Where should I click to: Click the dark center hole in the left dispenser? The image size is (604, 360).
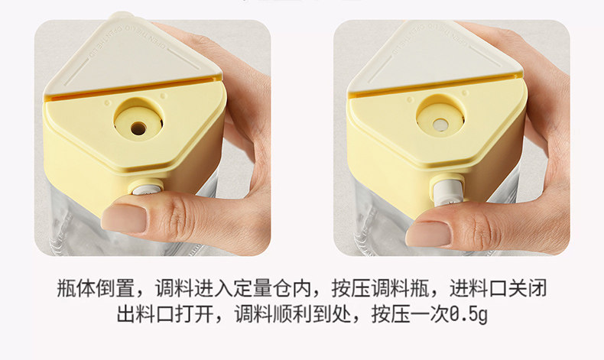tap(138, 128)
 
